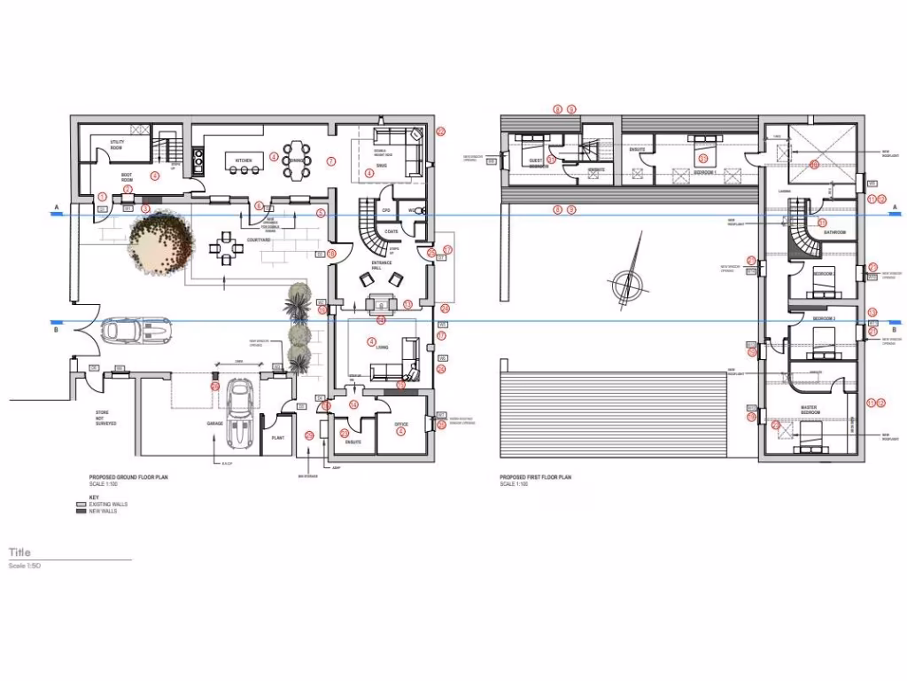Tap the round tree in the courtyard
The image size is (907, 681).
159,245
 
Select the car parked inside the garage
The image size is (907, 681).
239,413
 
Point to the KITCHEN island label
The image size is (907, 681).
244,160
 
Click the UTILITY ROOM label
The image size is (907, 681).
116,144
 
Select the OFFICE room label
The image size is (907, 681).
401,425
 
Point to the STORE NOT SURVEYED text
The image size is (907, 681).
105,419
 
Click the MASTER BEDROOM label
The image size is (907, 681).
810,411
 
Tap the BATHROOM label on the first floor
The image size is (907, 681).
835,232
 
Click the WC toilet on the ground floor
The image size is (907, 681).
420,211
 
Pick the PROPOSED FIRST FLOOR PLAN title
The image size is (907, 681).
535,477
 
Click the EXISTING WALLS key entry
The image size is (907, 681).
107,504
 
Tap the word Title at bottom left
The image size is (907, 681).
19,552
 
